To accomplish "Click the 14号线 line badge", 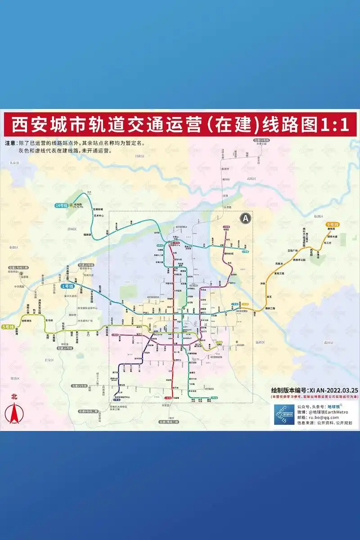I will coord(61,205).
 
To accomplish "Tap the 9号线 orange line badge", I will coord(333,224).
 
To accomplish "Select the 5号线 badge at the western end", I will coord(8,326).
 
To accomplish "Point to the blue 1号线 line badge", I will coord(67,286).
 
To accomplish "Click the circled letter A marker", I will coord(245,218).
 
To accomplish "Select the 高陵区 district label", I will coord(251,179).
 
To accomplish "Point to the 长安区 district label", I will coord(48,360).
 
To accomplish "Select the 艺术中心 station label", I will coord(99,216).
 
